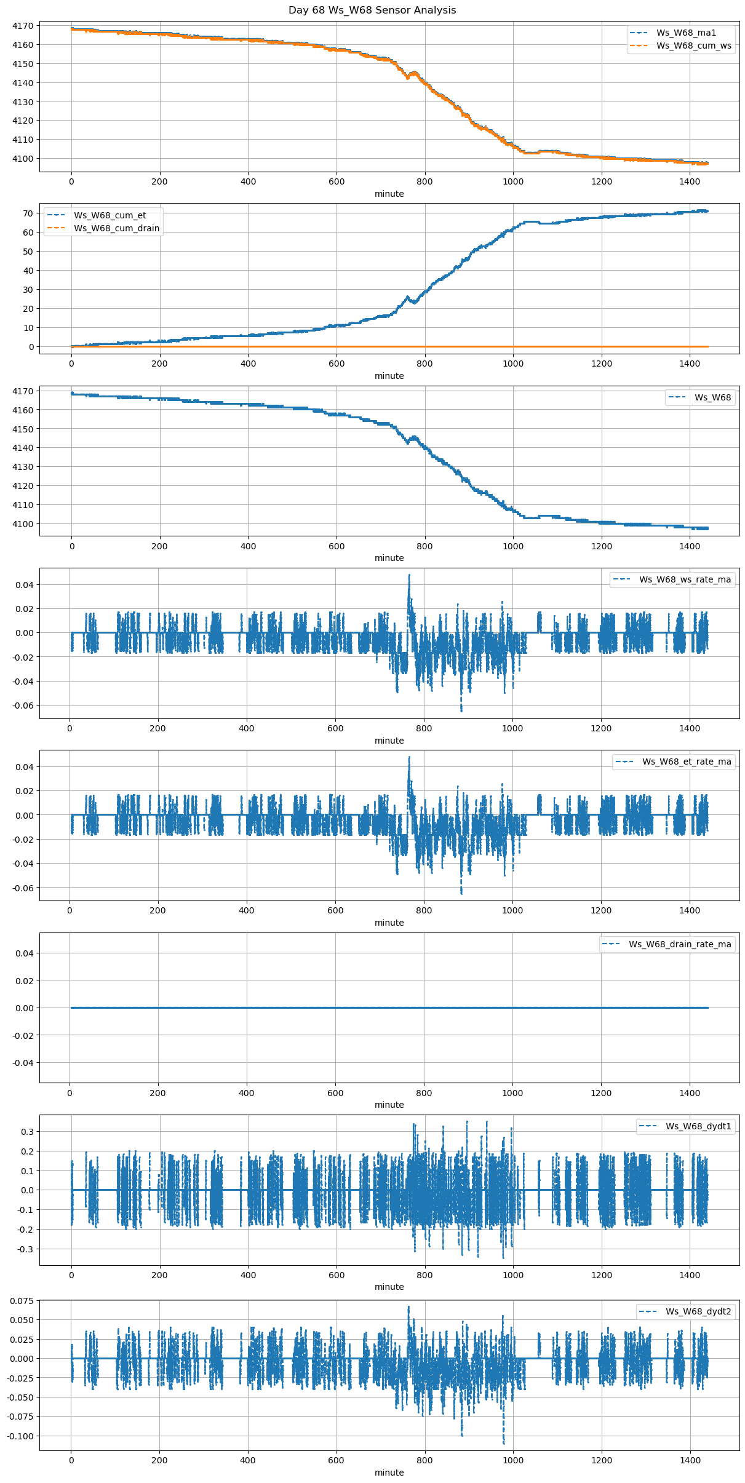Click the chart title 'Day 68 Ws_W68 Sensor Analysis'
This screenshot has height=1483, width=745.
(372, 10)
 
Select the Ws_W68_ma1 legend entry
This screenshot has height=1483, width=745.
(686, 33)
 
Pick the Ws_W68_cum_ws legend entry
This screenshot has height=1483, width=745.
(693, 46)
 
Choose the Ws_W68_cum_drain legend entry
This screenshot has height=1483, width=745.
(116, 228)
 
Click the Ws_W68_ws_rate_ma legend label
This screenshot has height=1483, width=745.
(685, 579)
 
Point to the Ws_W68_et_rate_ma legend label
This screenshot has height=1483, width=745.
(687, 761)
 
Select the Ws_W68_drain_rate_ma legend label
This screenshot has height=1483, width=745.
(680, 944)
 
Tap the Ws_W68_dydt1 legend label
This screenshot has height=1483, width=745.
(698, 1126)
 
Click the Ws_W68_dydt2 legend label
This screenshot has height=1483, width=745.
(698, 1311)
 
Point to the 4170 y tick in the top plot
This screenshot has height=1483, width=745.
(23, 26)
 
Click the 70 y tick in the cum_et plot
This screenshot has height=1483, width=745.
(28, 213)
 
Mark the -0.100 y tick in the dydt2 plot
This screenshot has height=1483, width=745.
(20, 1436)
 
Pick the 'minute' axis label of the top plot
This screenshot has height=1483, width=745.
(389, 194)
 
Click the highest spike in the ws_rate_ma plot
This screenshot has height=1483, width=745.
(409, 575)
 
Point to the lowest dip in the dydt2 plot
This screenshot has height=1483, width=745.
(503, 1443)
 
